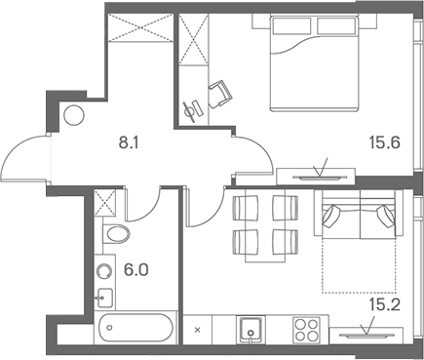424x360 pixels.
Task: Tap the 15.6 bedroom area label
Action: tap(383, 140)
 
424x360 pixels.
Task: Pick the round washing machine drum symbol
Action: tap(103, 268)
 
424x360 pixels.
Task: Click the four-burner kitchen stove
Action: tap(309, 330)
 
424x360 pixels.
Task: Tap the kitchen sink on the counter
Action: tap(251, 330)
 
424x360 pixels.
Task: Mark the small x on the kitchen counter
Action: tap(198, 331)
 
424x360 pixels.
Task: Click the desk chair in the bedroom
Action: tap(221, 93)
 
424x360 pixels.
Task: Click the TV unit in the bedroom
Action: tap(318, 177)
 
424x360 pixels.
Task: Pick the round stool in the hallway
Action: tap(73, 114)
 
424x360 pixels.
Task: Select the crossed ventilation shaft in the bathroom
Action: tap(107, 204)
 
